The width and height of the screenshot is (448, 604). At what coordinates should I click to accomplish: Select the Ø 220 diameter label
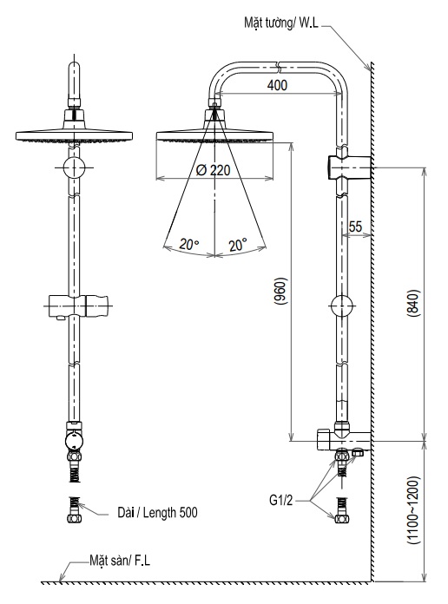pos(214,170)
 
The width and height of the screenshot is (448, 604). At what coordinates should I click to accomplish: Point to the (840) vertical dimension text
pos(412,303)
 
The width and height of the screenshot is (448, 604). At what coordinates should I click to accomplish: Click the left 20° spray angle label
pos(189,245)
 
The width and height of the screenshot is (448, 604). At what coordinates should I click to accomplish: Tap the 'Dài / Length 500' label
pos(157,513)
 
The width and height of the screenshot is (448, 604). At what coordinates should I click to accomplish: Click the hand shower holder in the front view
pos(78,305)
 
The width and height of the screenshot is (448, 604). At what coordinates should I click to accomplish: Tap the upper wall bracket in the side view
pos(348,163)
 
